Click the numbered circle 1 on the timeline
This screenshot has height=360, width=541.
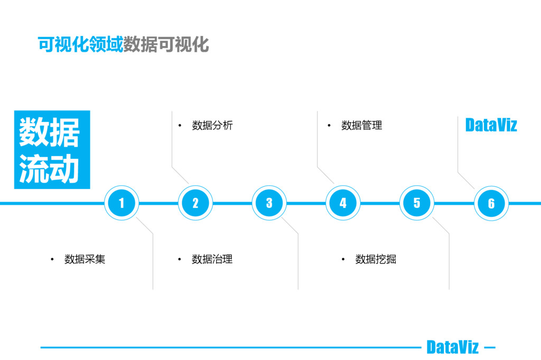122,203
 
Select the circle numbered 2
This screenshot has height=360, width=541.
195,203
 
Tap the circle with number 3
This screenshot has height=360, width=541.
269,203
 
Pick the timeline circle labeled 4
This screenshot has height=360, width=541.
343,203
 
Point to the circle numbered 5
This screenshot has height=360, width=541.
417,203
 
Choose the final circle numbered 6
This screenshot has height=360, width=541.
491,203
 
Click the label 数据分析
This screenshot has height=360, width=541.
212,126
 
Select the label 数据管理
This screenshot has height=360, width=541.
361,126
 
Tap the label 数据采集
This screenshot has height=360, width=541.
85,259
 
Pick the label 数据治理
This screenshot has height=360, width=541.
212,259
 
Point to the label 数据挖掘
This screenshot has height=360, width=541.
376,259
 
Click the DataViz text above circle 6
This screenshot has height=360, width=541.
491,125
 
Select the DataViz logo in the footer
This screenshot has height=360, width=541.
452,347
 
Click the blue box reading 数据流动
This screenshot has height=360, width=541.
52,149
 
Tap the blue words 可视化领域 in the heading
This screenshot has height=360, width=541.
80,45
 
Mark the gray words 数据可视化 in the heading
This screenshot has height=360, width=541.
166,45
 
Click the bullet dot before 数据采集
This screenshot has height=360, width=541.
52,259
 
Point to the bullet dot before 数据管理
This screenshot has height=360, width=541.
329,126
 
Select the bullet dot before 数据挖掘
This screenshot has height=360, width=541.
343,259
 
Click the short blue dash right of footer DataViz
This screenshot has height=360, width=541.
490,347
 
